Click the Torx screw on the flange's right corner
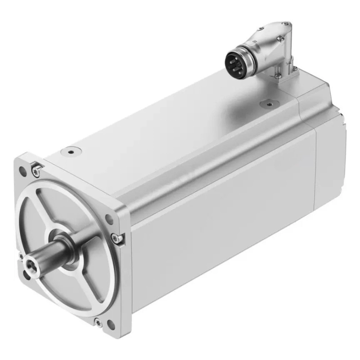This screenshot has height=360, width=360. (x=119, y=238)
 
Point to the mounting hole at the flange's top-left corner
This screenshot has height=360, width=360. (x=22, y=171)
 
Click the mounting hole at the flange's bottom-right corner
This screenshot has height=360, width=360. (x=110, y=322)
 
